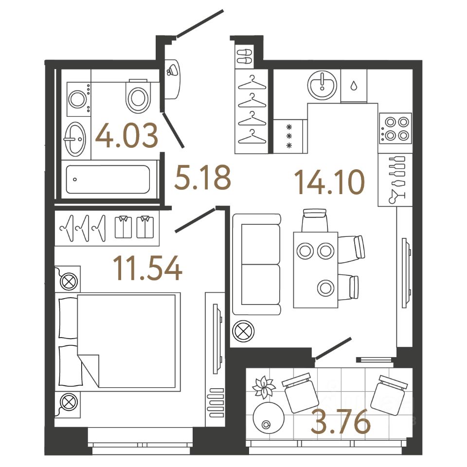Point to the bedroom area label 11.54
click(x=147, y=269)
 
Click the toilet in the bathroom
click(x=138, y=96)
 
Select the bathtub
click(x=108, y=180)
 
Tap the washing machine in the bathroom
click(x=77, y=100)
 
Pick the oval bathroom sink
click(x=75, y=139)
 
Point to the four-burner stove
click(x=395, y=128)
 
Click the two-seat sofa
click(x=256, y=264)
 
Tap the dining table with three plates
click(x=316, y=269)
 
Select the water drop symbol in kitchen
click(x=354, y=86)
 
